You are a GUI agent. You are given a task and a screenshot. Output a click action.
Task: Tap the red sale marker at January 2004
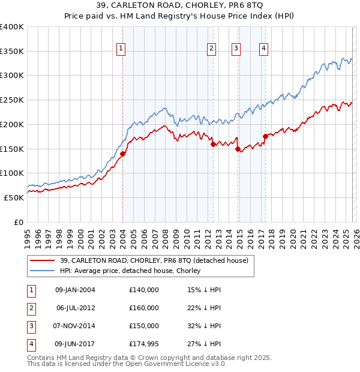(x=123, y=154)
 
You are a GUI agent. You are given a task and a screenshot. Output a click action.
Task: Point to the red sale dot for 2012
(x=213, y=144)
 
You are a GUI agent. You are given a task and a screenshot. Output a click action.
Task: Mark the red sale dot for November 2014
(x=238, y=149)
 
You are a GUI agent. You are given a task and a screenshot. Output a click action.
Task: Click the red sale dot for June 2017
(x=265, y=136)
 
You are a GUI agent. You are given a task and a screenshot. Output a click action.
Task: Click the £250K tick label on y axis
(x=12, y=100)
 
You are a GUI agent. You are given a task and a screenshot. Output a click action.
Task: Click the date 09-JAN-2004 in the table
(x=75, y=290)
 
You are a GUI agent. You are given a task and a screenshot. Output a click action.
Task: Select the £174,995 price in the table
(x=144, y=344)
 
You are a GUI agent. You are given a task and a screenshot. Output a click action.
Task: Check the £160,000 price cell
(x=144, y=308)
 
